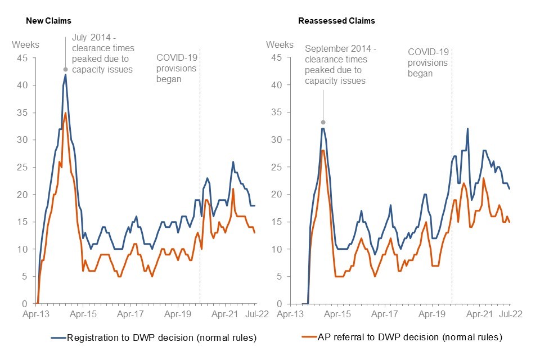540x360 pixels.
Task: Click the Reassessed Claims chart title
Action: coord(336,21)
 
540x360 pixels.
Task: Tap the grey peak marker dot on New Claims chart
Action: coord(66,69)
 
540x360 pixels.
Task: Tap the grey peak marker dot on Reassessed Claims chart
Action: coord(323,122)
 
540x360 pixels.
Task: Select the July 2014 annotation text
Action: coord(103,54)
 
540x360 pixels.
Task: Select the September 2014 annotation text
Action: coord(340,65)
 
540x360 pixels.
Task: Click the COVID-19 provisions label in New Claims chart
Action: coord(176,68)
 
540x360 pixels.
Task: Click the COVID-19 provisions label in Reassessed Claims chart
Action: coord(427,62)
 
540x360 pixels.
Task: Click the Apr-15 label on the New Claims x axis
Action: coord(83,314)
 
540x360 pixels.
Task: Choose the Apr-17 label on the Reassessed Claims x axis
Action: coord(386,314)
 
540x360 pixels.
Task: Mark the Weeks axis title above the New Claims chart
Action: coord(24,44)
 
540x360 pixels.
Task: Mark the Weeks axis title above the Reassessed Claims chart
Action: coord(280,44)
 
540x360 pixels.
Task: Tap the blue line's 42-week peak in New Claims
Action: coord(66,75)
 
